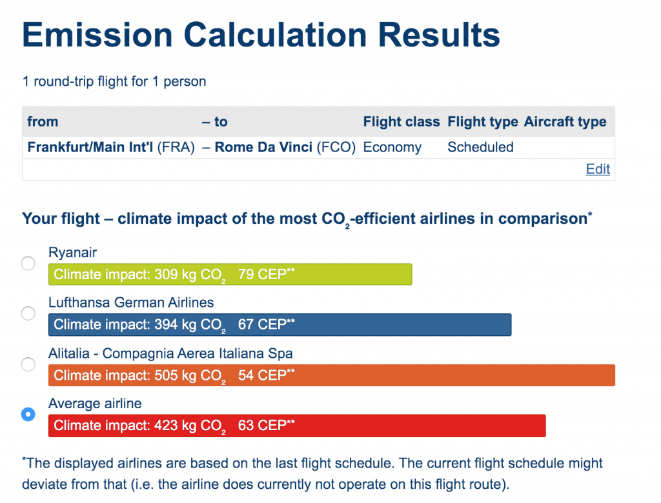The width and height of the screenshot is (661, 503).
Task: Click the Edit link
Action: coord(598,169)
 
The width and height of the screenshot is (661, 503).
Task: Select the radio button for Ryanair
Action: coord(28,263)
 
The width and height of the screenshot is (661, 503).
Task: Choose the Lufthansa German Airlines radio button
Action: coord(28,313)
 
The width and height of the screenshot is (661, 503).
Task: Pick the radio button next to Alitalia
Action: coord(28,364)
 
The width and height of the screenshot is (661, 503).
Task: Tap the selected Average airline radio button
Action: coord(28,415)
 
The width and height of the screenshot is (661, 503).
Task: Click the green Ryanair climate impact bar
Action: coord(230,274)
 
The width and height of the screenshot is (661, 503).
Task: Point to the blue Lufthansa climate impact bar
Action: coord(280,325)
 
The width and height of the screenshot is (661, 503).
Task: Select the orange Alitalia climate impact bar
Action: coord(332,375)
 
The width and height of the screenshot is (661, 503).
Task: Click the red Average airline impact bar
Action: coord(297,426)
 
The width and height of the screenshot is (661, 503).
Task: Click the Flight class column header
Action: coord(402,122)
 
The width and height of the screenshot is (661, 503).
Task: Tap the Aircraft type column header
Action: coord(565,122)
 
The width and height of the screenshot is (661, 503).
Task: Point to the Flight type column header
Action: coord(483,122)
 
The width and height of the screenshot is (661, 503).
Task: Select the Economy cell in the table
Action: coord(392,148)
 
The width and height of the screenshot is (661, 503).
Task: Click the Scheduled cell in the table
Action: coord(480,147)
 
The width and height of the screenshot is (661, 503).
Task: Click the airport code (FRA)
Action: coord(176,148)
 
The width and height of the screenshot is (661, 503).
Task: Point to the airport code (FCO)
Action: coord(336,148)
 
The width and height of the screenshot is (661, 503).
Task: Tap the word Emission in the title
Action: coord(97,35)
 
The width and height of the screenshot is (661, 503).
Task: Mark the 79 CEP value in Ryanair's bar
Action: coord(266,274)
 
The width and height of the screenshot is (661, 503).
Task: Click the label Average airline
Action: coord(95,404)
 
